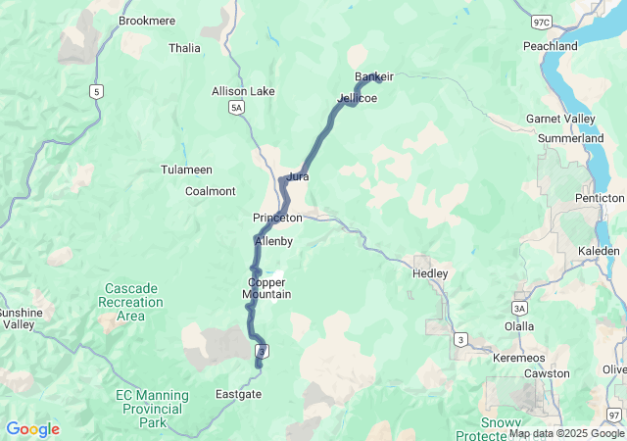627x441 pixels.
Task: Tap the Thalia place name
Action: tap(184, 48)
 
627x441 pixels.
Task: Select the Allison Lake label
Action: tap(243, 91)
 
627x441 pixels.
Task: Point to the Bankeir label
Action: tap(374, 76)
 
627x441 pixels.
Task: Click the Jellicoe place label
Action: tap(357, 98)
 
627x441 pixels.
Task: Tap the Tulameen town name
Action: tap(187, 170)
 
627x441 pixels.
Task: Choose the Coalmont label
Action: tap(211, 191)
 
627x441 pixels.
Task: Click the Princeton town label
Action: tap(277, 218)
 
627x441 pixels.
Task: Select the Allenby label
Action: tap(273, 241)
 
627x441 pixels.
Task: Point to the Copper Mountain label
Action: tap(266, 288)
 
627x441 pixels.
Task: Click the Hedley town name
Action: tap(430, 273)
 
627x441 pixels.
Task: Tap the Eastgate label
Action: tap(238, 394)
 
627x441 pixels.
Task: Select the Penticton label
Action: tap(599, 198)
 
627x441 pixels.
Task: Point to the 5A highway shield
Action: tap(236, 108)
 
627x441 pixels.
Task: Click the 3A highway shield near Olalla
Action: tap(519, 308)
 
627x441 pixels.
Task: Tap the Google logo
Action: tap(32, 429)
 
